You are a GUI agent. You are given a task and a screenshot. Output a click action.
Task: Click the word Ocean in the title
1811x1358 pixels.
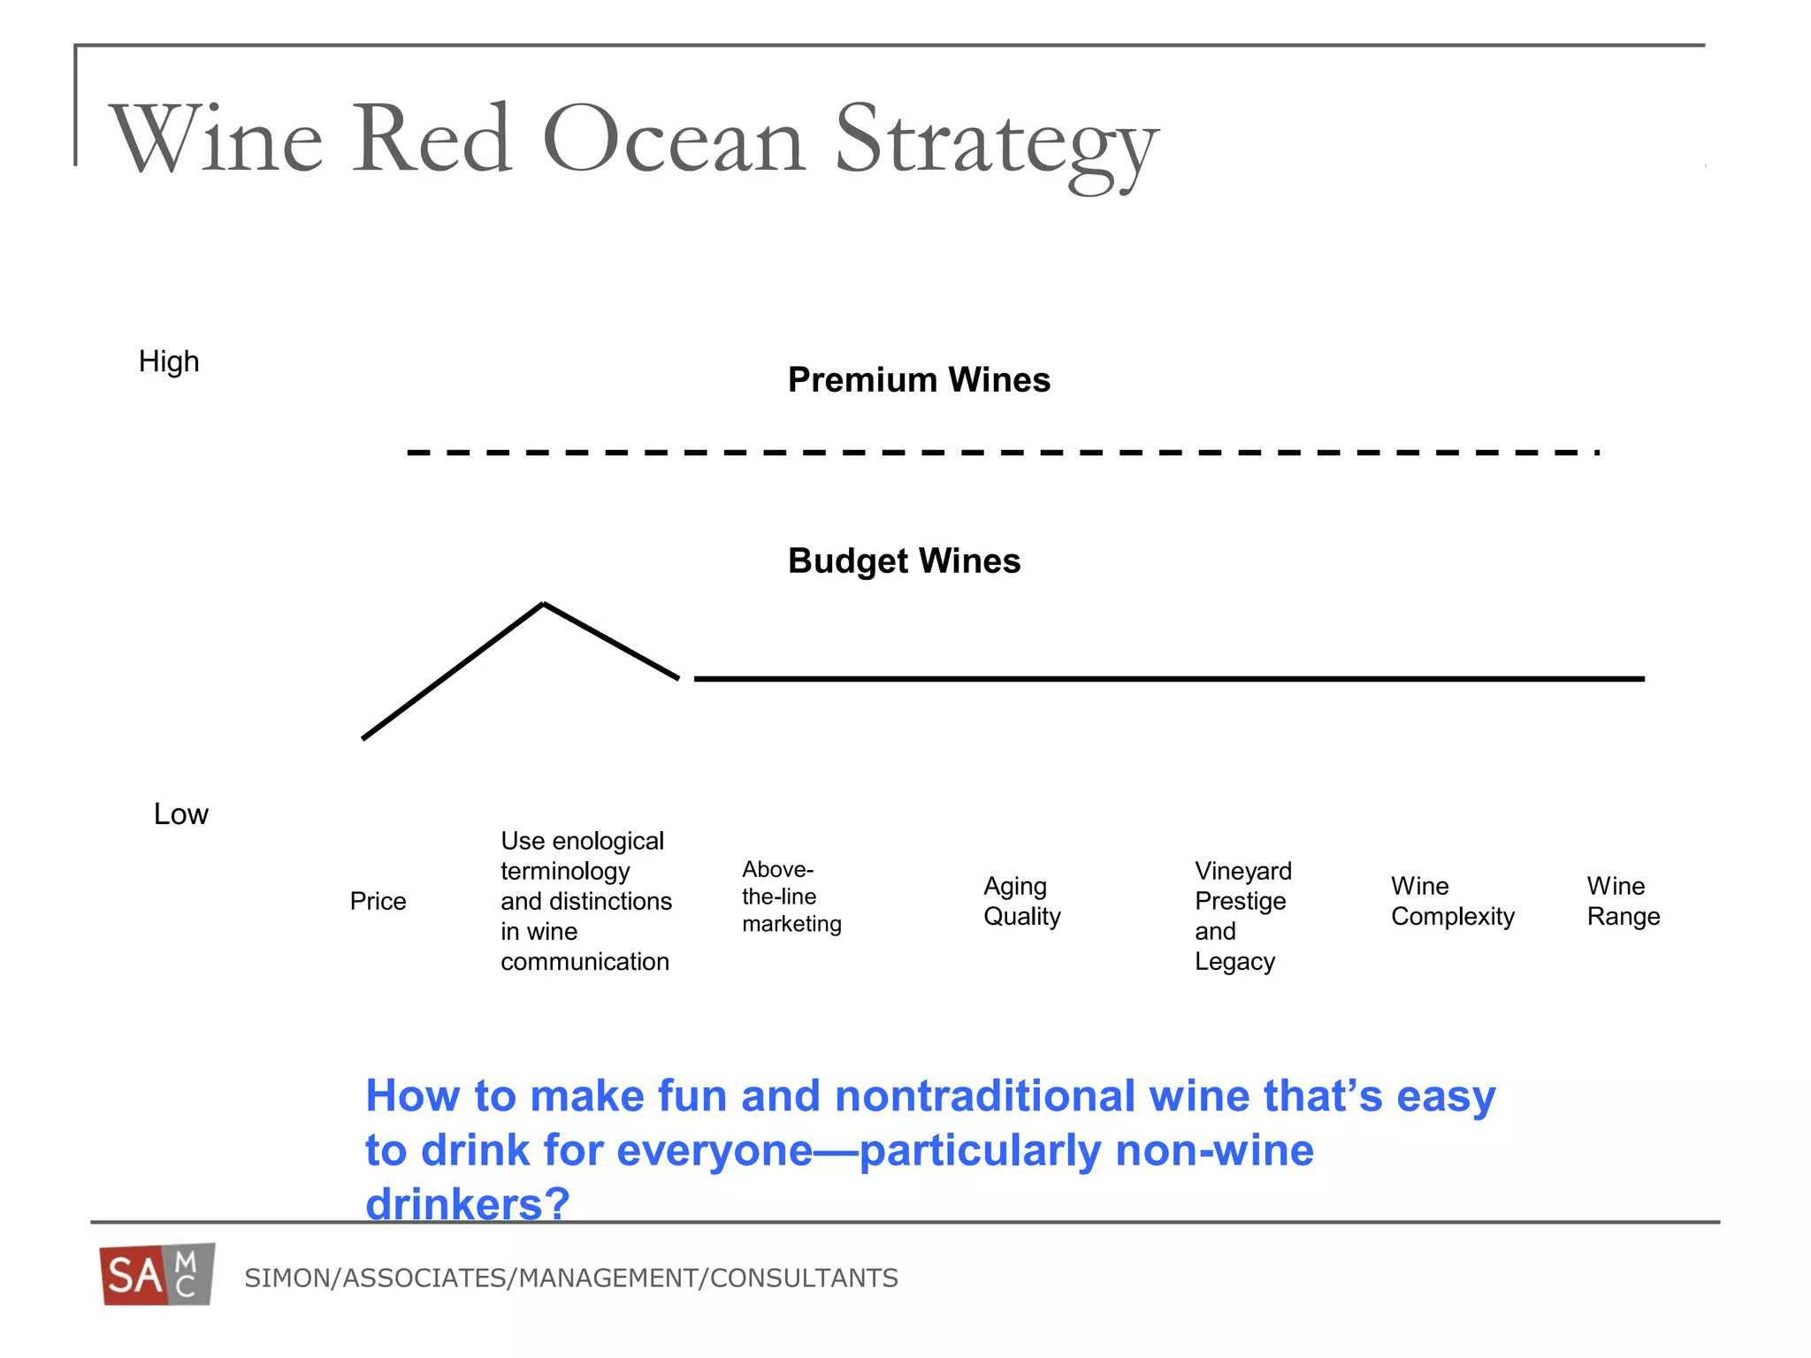674,140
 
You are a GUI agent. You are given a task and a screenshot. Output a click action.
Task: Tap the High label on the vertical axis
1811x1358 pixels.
169,362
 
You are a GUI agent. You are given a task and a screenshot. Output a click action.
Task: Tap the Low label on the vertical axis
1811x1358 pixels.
180,814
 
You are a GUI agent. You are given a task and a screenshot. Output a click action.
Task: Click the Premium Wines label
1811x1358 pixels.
919,380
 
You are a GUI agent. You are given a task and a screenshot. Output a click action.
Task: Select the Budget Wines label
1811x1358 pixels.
904,561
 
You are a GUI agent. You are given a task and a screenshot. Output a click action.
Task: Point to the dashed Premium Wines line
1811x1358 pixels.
999,453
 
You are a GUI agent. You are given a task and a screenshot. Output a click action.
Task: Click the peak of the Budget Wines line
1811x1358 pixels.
543,605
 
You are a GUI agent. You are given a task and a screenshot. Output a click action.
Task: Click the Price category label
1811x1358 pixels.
378,902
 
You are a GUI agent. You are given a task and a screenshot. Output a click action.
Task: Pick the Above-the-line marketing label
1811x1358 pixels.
791,896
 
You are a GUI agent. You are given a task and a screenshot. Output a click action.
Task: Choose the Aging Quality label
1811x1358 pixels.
1021,901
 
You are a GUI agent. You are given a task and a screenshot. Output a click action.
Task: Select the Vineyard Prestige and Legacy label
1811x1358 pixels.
1242,916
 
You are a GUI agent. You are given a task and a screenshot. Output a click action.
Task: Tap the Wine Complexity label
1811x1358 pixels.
1452,901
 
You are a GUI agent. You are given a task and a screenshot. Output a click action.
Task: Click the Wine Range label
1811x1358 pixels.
1623,901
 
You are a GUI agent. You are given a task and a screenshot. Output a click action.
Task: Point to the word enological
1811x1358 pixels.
607,841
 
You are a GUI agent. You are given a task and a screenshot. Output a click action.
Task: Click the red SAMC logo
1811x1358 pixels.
157,1275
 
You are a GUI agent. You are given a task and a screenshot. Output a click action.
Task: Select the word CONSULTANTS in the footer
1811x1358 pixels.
804,1278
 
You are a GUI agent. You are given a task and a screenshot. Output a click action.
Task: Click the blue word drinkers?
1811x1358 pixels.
467,1204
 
